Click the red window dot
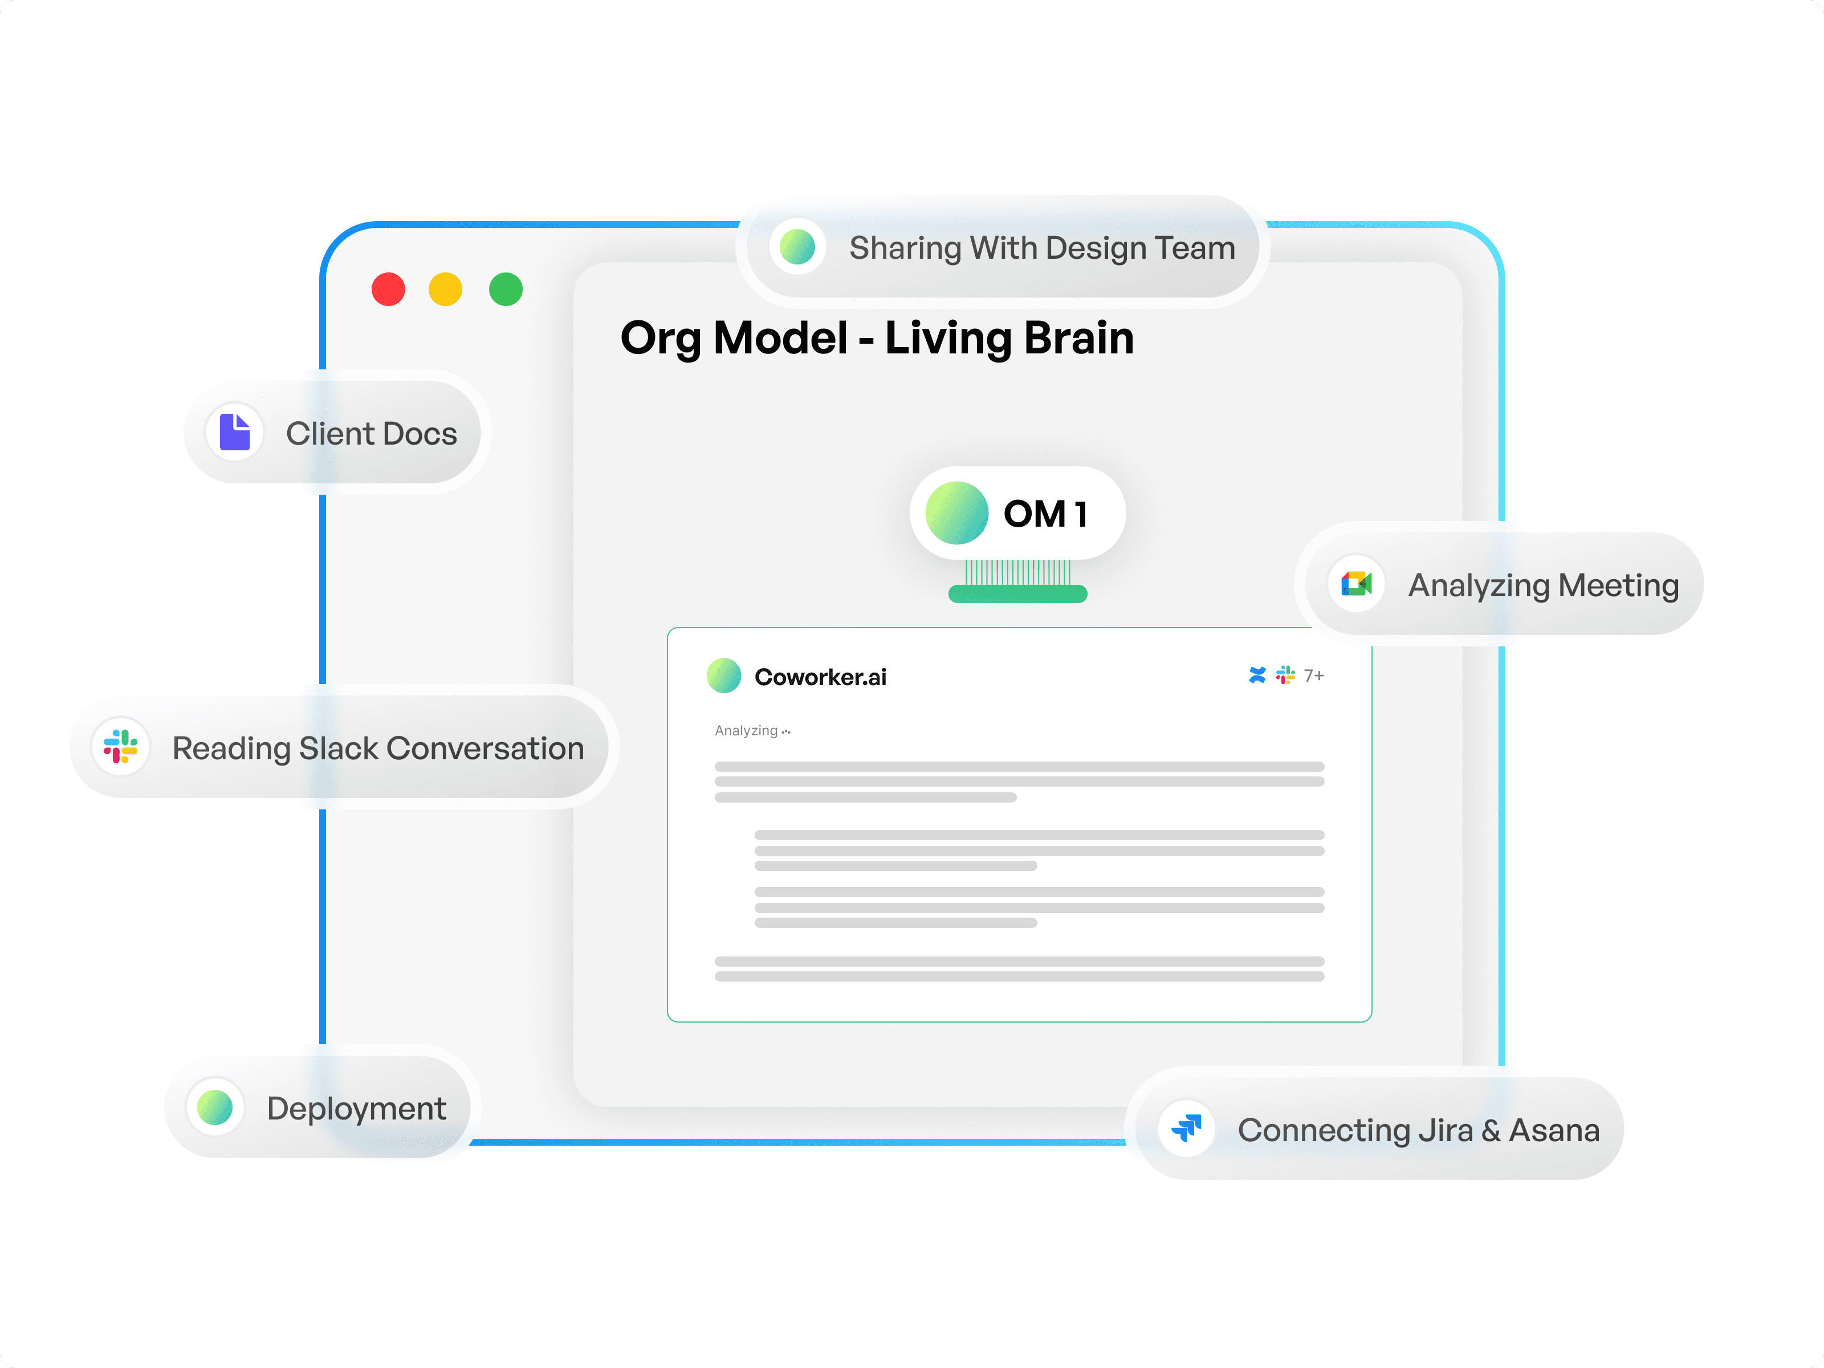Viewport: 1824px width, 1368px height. (x=388, y=290)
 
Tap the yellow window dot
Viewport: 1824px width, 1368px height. (x=445, y=290)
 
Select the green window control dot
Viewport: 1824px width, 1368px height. (x=506, y=290)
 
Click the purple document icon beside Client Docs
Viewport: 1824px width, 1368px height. (x=235, y=432)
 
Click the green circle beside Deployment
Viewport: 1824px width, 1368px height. (x=215, y=1108)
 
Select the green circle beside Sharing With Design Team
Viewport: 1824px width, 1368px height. (x=797, y=247)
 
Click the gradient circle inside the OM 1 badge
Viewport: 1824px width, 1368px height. (x=956, y=513)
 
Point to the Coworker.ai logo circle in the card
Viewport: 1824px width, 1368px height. (x=724, y=675)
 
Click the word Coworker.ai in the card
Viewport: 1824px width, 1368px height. (x=820, y=677)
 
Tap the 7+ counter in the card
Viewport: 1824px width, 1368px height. (x=1314, y=675)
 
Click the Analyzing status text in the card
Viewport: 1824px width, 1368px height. (x=746, y=731)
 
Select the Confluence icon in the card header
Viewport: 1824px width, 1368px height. (x=1257, y=675)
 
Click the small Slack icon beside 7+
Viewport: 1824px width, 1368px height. (x=1285, y=675)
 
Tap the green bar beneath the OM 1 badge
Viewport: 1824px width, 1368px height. (x=1017, y=594)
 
